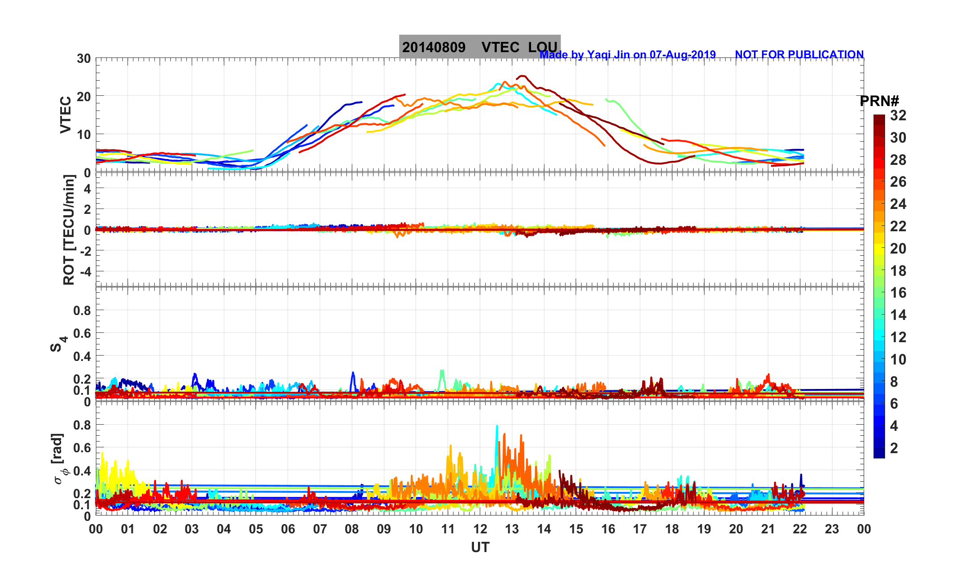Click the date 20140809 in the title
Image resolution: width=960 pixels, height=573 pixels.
433,47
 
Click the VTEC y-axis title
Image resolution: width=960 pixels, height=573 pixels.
66,115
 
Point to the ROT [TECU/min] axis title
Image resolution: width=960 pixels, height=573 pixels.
69,230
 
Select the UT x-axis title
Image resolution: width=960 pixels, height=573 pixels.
480,547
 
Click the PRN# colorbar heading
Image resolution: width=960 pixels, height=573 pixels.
879,101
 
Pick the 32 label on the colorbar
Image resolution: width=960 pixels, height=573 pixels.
898,116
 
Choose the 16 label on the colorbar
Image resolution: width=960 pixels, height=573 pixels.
898,293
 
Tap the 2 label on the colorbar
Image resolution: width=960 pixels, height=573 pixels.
894,448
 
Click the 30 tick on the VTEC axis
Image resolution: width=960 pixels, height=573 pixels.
83,59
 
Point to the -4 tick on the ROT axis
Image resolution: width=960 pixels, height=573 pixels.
85,271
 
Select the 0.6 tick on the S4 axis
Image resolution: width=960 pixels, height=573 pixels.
82,333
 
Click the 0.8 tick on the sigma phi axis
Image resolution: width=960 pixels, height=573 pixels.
82,425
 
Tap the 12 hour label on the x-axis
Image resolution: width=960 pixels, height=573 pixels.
480,529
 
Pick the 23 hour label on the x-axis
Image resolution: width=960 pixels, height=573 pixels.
832,529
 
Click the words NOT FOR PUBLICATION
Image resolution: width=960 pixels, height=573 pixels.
799,54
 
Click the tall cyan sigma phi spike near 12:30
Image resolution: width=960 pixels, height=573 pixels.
497,428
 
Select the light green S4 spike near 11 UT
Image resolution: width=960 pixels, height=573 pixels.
442,371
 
